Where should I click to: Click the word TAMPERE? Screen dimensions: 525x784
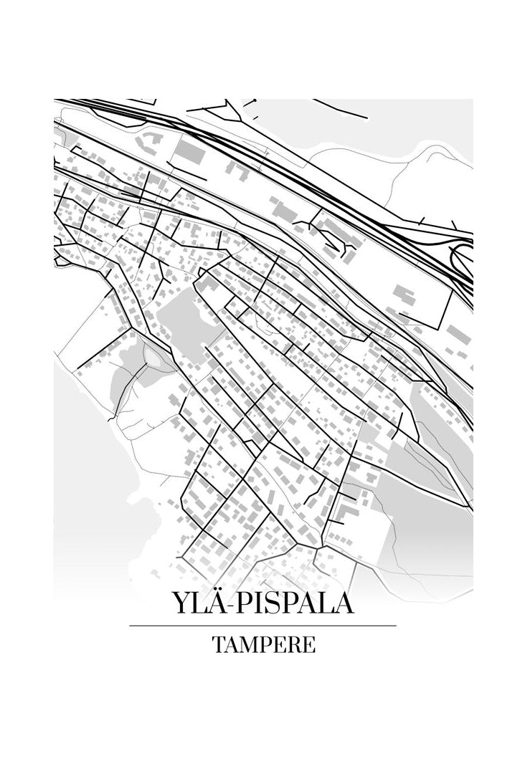click(263, 644)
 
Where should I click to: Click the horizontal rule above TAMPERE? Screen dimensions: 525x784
click(262, 626)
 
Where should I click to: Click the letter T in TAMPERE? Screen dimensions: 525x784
click(217, 644)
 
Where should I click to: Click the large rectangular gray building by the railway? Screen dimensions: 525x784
click(190, 153)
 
